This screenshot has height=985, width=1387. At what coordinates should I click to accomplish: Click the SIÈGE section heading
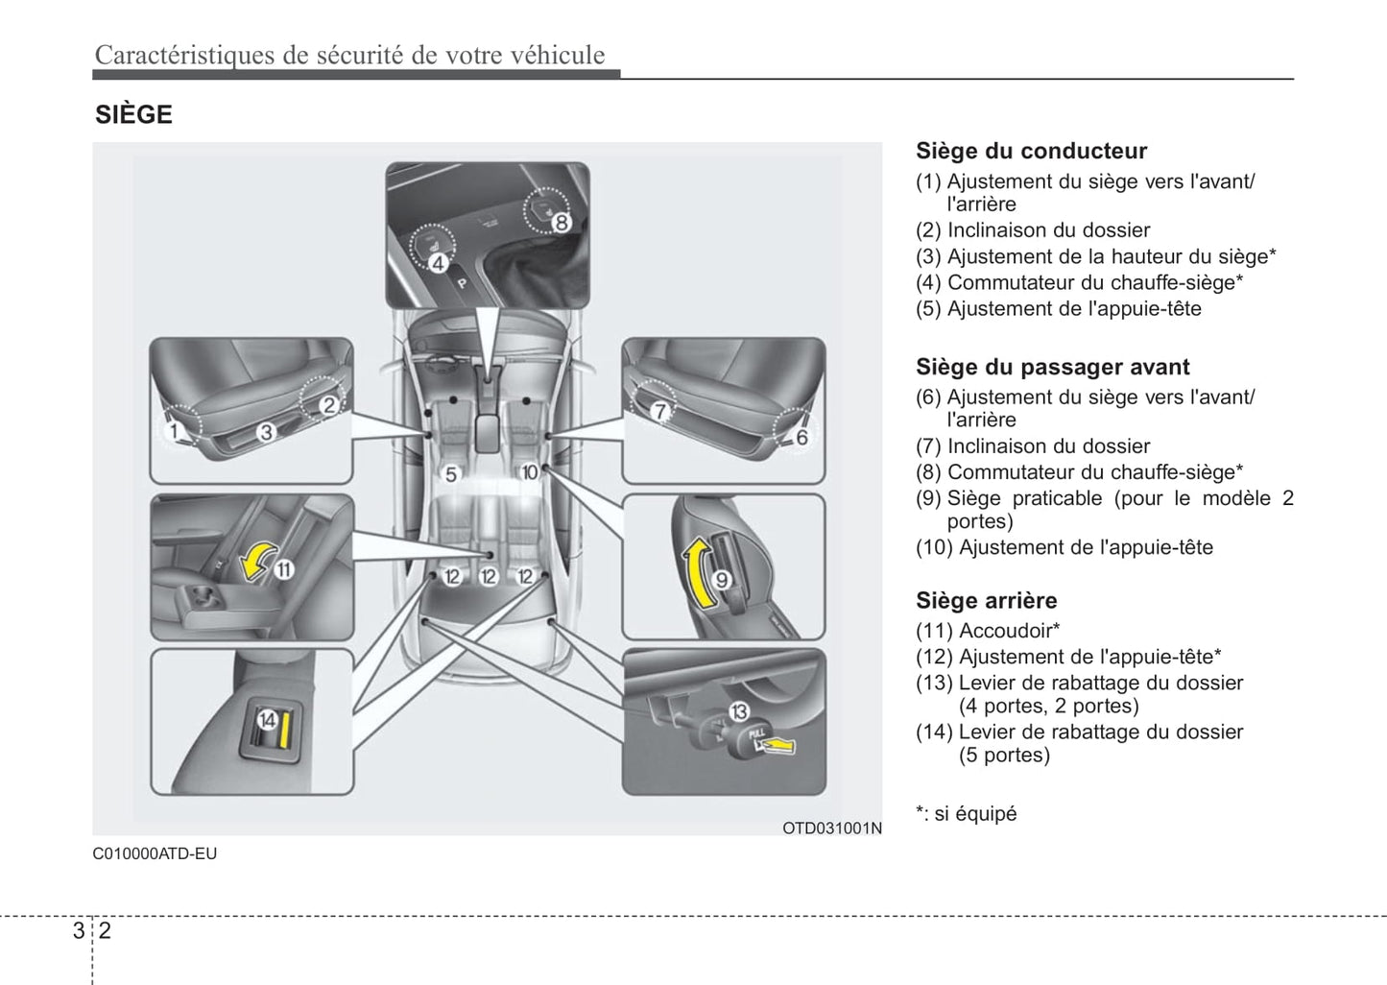click(133, 114)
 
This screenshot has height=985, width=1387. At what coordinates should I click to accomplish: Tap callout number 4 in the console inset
click(438, 261)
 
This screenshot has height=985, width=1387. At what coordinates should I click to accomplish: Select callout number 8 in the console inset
click(561, 223)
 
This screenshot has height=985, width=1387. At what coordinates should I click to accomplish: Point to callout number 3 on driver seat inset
click(266, 432)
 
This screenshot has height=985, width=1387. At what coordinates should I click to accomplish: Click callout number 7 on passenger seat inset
click(659, 411)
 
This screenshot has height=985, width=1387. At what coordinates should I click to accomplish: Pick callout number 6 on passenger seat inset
click(801, 437)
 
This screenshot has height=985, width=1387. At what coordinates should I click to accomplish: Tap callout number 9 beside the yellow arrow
click(722, 579)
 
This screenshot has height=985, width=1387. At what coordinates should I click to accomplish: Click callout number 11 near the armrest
click(284, 569)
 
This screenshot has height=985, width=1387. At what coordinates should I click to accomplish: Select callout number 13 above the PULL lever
click(738, 711)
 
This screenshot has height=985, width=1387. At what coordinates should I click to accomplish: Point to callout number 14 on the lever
click(267, 720)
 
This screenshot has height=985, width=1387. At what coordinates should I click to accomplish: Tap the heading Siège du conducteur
click(1031, 151)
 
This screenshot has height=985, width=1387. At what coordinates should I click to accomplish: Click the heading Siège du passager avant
click(1052, 367)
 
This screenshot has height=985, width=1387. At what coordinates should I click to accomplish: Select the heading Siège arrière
click(986, 600)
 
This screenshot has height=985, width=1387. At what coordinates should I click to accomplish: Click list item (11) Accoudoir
click(987, 631)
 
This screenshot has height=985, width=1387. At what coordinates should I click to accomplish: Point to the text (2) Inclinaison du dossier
click(1032, 230)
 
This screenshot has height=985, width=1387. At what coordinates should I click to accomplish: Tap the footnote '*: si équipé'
click(966, 813)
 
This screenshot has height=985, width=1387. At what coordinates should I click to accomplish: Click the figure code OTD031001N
click(831, 828)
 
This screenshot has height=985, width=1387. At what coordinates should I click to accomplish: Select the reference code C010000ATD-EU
click(155, 853)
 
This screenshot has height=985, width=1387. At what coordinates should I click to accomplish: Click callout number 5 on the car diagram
click(451, 474)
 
